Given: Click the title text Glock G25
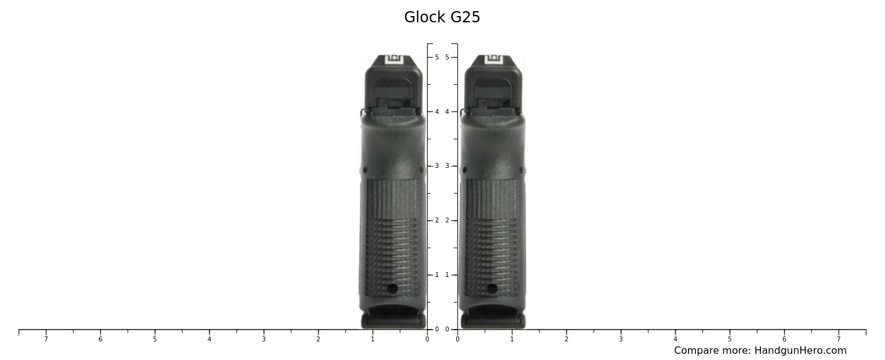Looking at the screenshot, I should [442, 17].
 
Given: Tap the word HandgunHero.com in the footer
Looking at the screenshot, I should [800, 351].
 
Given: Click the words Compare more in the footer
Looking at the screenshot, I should [711, 351].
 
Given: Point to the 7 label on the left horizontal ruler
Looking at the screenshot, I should [46, 339].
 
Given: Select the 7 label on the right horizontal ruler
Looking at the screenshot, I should [839, 339].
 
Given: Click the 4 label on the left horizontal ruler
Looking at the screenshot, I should [209, 339].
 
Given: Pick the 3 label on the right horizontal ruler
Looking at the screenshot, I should [621, 339].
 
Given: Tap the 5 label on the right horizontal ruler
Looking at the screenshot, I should [729, 339].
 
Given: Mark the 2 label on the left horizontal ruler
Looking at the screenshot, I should [318, 339].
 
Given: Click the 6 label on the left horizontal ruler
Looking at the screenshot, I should [100, 339].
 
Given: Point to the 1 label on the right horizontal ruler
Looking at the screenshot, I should [512, 339].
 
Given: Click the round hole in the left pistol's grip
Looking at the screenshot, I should [392, 289].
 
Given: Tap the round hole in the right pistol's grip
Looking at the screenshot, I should [492, 289].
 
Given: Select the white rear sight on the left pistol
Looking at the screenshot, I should [394, 59].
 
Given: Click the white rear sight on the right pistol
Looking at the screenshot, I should [493, 59].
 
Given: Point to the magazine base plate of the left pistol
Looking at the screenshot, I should [394, 320].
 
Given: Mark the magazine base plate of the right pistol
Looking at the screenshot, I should [493, 320].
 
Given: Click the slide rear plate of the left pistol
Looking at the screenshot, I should [394, 87].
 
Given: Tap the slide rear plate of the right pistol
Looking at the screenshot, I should [493, 87].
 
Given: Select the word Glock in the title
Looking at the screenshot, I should [425, 17].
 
